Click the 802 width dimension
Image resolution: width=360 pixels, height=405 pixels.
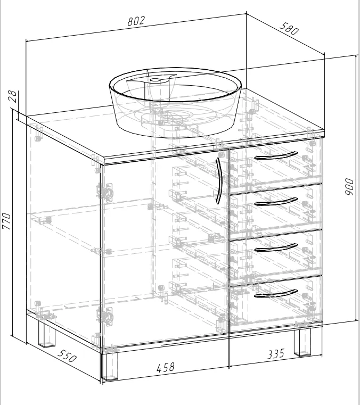(x=136, y=21)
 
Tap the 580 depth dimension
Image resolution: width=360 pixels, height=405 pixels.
(x=289, y=28)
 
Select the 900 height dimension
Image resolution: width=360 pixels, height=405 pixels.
(x=349, y=186)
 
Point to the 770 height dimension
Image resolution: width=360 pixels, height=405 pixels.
(x=6, y=221)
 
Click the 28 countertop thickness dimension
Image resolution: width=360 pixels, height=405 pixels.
(x=13, y=96)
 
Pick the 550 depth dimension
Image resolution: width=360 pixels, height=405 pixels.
(x=67, y=356)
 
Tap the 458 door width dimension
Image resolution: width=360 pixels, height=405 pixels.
(x=166, y=367)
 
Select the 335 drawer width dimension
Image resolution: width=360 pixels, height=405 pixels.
(x=275, y=354)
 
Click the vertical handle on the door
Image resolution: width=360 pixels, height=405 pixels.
(x=219, y=180)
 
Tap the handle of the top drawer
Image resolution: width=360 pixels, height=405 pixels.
(x=276, y=156)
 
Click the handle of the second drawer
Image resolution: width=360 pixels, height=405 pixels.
(x=276, y=202)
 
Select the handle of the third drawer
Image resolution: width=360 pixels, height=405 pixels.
(x=276, y=247)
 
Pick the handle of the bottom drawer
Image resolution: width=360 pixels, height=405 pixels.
(x=276, y=293)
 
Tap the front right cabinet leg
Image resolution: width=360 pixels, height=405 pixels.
(x=302, y=342)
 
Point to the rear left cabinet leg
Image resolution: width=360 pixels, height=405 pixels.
(x=47, y=333)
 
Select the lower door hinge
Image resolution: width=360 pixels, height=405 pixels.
(x=105, y=316)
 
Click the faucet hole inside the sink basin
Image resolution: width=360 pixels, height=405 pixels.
(x=156, y=80)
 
